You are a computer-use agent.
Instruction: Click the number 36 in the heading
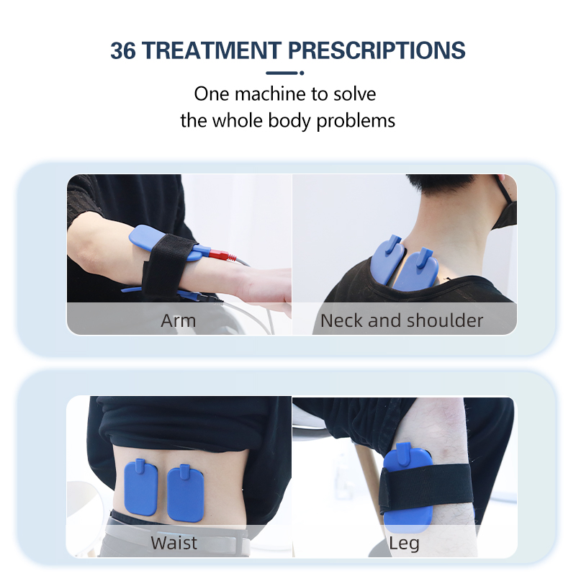coord(125,50)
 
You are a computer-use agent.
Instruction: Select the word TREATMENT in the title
coord(213,50)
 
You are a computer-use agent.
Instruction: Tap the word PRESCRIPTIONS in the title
coord(377,50)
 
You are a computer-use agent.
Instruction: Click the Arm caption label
coord(178,320)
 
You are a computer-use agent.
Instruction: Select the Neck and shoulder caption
coord(402,320)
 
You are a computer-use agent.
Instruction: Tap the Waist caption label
coord(174,542)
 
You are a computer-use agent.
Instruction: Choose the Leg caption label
coord(404,542)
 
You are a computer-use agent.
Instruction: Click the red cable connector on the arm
coord(219,254)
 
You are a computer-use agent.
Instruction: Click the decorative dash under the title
coord(282,73)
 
